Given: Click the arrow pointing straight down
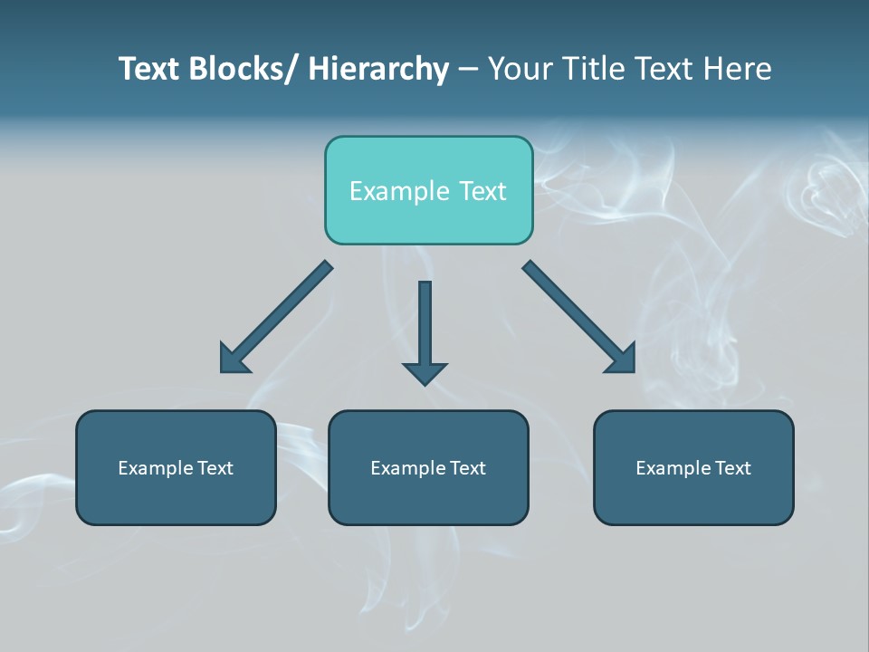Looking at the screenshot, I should tap(425, 331).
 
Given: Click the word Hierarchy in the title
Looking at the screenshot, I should tap(378, 69).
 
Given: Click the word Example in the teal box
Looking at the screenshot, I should tap(398, 191).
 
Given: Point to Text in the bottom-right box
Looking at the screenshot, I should tap(732, 468).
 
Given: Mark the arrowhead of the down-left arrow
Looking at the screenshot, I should tap(232, 360).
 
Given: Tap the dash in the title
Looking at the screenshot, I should tap(468, 69).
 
